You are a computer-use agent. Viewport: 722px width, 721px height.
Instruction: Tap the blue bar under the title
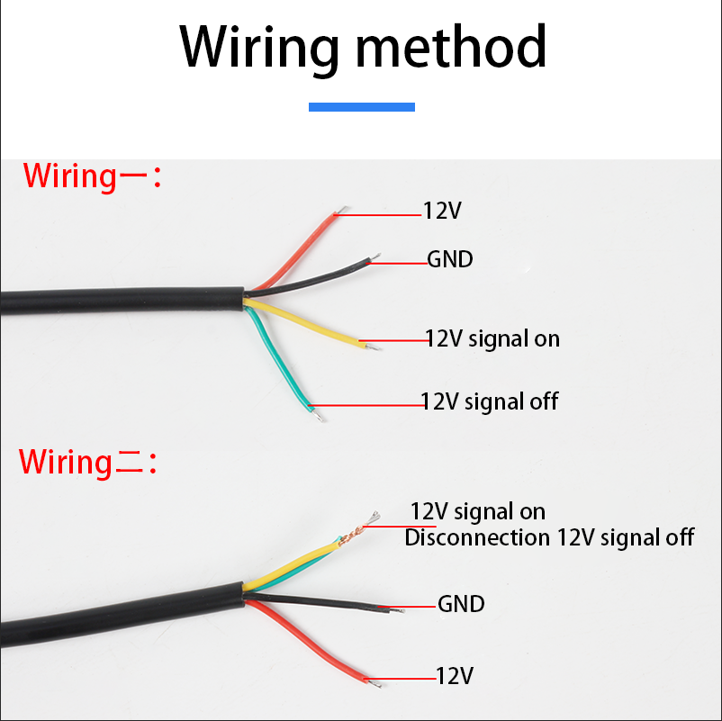click(x=361, y=106)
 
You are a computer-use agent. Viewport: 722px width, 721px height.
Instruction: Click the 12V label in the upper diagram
click(x=442, y=211)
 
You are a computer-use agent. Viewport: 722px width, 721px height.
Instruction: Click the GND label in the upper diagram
click(x=449, y=260)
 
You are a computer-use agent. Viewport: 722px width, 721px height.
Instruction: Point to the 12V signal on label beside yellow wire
click(x=492, y=338)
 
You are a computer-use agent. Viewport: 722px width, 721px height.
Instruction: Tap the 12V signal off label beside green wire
click(x=490, y=401)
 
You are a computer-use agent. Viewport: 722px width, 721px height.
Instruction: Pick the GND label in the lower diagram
click(x=461, y=603)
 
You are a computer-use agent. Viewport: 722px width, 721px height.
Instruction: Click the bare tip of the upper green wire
click(x=317, y=415)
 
